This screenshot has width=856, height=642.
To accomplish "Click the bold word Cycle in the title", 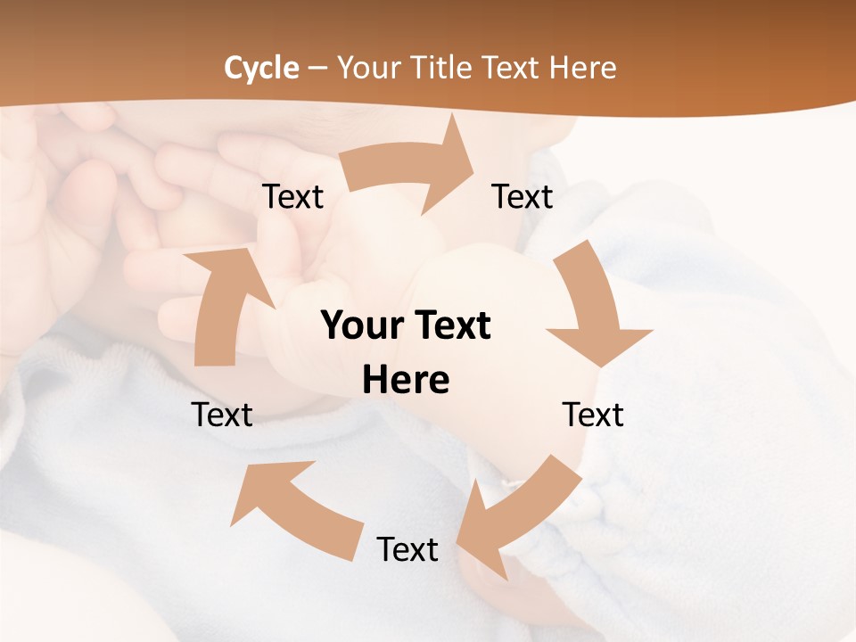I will [x=261, y=68].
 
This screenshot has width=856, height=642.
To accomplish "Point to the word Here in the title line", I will [x=582, y=68].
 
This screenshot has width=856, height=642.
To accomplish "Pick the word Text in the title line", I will [x=513, y=68].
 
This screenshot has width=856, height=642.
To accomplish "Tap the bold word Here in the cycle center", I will [x=406, y=381].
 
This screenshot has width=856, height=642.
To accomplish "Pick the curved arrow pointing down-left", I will [x=517, y=517].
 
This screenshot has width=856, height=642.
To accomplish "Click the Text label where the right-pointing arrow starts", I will [x=293, y=197].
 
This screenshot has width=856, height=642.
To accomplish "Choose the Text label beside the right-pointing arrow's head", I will [x=523, y=197].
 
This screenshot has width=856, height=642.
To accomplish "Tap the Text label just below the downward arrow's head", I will [x=593, y=415].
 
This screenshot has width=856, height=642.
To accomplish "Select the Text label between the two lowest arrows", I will [x=407, y=549].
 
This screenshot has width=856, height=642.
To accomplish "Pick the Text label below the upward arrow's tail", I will [x=222, y=415].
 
